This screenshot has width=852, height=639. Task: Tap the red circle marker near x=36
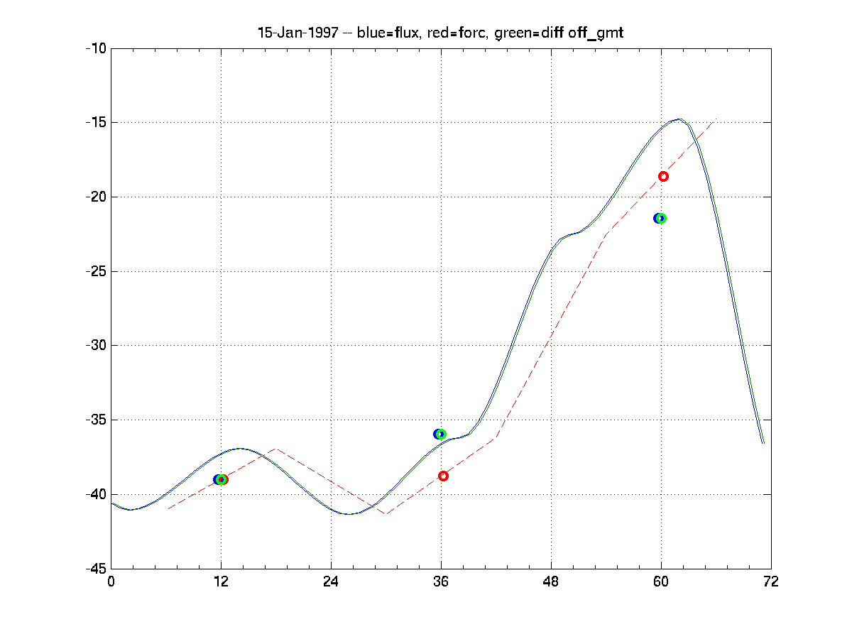(443, 476)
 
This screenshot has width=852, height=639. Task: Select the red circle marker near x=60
(663, 176)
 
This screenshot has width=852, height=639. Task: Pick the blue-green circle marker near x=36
(439, 434)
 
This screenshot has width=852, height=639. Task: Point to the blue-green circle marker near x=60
(660, 218)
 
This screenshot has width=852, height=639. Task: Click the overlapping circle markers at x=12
(221, 479)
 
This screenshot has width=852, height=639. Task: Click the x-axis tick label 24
(331, 581)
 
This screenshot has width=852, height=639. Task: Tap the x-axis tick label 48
(551, 581)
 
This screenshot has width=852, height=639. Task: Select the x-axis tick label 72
(770, 581)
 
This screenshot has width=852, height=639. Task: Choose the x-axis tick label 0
(111, 581)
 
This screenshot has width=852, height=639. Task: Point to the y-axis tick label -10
(95, 48)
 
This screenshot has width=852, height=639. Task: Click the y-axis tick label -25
(95, 271)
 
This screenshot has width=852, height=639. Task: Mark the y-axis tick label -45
(95, 569)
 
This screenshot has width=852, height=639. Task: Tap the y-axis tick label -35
(95, 420)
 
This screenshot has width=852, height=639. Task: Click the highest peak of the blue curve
(679, 119)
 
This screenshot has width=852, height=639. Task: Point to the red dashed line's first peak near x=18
(275, 449)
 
